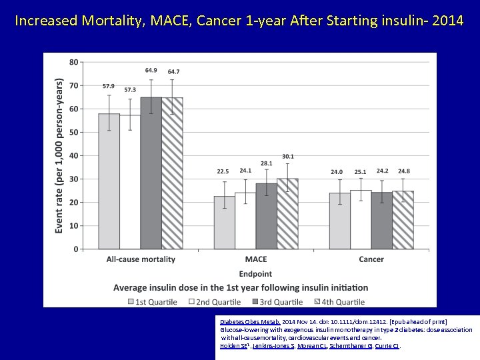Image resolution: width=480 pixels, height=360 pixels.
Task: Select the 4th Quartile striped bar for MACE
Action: pos(287,213)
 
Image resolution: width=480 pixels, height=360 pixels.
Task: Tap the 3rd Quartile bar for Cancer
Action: pos(382,221)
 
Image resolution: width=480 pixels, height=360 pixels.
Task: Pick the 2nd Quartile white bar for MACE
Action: pos(245,221)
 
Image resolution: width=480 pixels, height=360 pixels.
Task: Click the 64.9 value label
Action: pos(151,71)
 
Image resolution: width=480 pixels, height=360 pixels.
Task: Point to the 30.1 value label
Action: pos(287,157)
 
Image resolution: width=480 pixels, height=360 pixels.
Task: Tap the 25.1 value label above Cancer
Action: pos(361,172)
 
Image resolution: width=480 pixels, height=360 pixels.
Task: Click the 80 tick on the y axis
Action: pos(73,62)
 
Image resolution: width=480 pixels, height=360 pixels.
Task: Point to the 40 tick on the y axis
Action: pos(73,155)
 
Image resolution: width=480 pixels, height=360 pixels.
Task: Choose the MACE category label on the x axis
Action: pos(256,259)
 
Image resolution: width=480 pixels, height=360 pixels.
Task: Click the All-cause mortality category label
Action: pos(141,259)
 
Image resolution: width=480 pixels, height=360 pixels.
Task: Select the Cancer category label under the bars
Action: pos(371,259)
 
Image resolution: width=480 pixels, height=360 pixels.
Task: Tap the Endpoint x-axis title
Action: pos(256,274)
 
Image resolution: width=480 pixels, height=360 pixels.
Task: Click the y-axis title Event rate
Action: pos(59,155)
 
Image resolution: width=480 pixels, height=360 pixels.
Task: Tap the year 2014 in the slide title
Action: pos(448,20)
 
